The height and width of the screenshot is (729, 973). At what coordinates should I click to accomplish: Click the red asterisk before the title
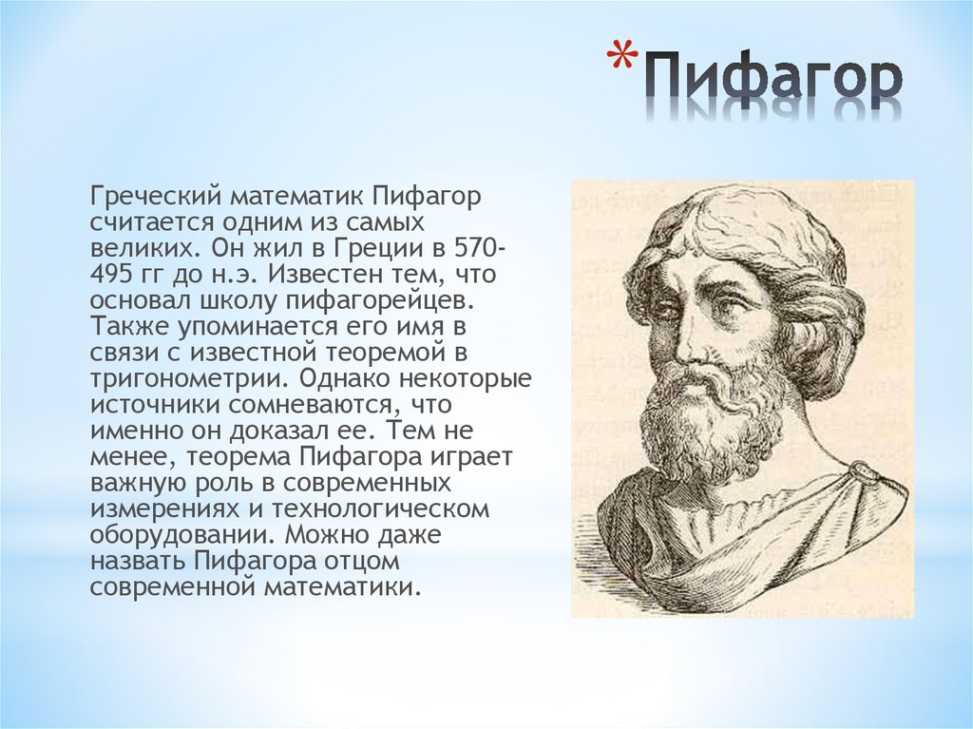(x=622, y=59)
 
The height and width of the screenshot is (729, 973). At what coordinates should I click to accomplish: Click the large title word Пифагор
(x=772, y=81)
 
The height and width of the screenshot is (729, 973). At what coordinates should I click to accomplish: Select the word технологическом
(x=380, y=509)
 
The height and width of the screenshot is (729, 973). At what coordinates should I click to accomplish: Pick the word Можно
(x=328, y=535)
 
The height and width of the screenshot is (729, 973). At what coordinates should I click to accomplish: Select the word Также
(x=129, y=326)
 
